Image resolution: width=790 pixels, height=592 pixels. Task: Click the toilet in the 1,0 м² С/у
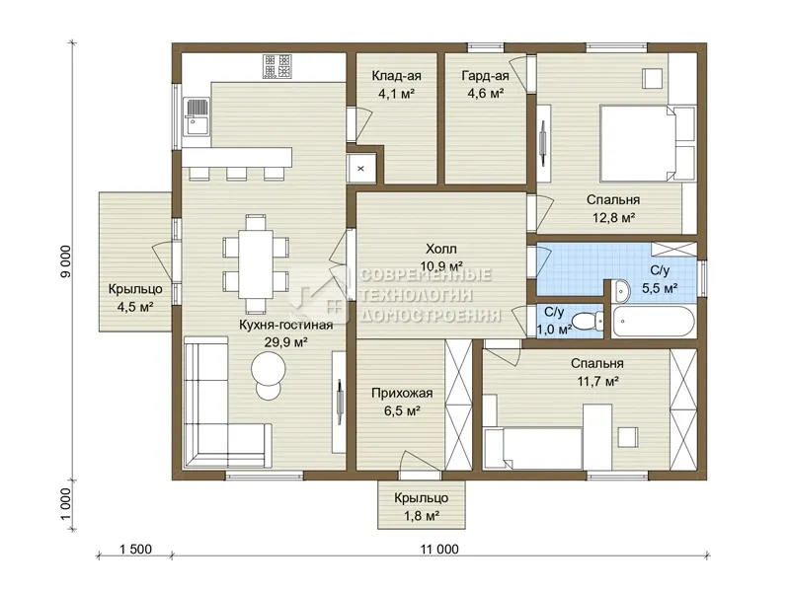(x=589, y=321)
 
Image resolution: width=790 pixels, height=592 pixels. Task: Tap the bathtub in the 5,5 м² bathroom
(x=654, y=322)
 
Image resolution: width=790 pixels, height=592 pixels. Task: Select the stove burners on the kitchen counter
(x=276, y=66)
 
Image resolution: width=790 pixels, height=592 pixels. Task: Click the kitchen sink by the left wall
(x=197, y=116)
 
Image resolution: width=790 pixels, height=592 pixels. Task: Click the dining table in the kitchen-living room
(x=256, y=264)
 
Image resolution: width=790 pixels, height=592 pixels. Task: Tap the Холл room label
(x=441, y=249)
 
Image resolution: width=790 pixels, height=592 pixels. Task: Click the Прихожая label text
(x=402, y=393)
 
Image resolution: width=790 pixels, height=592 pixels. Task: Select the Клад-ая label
(x=397, y=76)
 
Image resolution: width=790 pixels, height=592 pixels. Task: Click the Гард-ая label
(x=485, y=76)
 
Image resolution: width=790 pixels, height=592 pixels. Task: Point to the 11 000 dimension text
(x=439, y=550)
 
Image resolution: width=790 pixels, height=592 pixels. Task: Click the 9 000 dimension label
(x=66, y=260)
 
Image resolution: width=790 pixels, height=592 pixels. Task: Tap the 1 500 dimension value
(x=135, y=550)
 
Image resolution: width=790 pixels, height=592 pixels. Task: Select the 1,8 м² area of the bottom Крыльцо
(x=422, y=515)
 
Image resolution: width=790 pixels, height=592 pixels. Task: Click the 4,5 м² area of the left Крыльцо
(x=135, y=307)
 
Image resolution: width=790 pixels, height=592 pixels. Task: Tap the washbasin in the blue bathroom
(x=622, y=291)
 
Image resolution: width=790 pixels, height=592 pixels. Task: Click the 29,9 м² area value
(x=286, y=342)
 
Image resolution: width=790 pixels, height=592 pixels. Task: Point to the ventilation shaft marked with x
(x=360, y=168)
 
